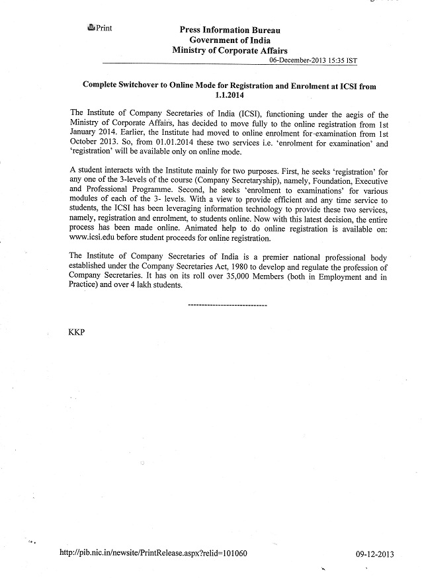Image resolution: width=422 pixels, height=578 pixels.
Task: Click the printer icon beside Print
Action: [x=91, y=28]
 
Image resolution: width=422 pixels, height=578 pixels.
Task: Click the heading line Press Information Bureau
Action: [x=230, y=30]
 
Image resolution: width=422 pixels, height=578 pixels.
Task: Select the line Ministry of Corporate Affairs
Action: [x=230, y=50]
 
